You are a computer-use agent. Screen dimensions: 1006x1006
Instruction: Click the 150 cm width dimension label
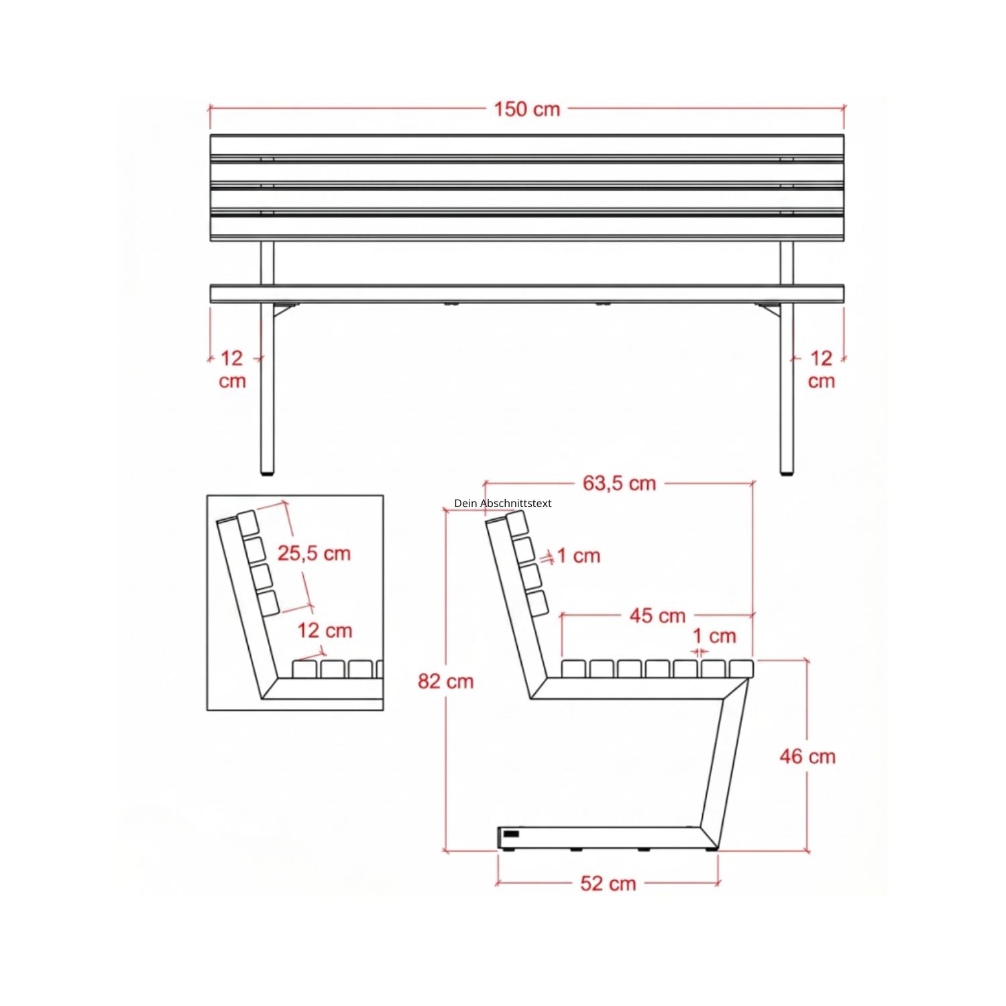point(527,109)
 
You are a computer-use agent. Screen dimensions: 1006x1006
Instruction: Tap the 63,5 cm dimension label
point(619,483)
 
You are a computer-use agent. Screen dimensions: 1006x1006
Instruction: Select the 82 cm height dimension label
point(446,681)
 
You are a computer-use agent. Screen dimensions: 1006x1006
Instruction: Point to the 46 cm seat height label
point(807,757)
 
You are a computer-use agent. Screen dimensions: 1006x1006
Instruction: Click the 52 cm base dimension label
point(608,883)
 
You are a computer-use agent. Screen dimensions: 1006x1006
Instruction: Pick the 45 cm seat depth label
point(657,616)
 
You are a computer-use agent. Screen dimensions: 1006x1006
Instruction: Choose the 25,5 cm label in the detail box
point(314,553)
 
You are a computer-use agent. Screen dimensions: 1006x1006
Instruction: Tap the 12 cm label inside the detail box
point(325,630)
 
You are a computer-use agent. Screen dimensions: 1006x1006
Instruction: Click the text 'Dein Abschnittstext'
point(503,503)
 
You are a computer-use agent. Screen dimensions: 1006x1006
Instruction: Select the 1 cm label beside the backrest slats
point(578,555)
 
